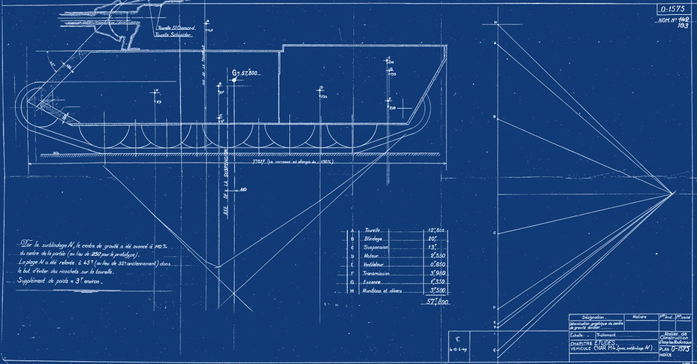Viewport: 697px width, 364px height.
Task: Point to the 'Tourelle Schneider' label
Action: [173, 35]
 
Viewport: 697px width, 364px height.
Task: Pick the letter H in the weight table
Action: [352, 289]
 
